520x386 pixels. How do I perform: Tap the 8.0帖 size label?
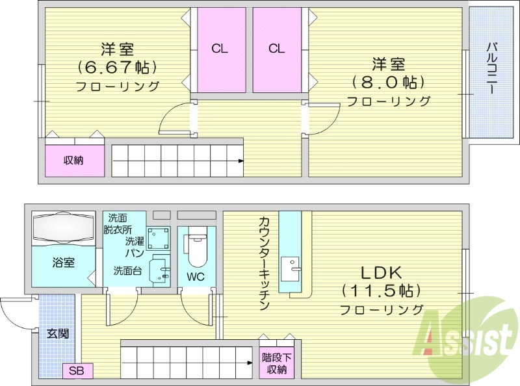pos(389,83)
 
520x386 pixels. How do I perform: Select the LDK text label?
pos(381,272)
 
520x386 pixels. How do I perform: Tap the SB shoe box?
pos(77,372)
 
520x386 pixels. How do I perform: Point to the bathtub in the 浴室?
pos(63,230)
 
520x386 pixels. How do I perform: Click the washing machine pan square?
pos(158,239)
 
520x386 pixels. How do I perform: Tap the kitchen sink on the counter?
pos(291,265)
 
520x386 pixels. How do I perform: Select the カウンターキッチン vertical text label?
pos(263,263)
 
